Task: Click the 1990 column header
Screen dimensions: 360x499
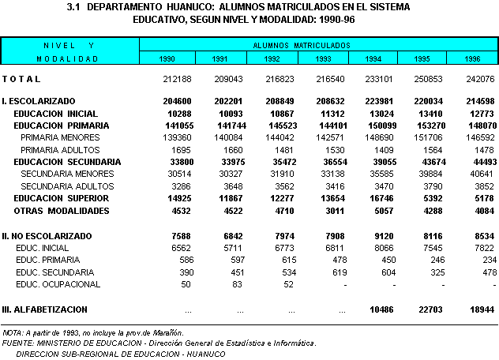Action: pos(167,59)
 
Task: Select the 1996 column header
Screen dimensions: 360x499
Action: pos(471,59)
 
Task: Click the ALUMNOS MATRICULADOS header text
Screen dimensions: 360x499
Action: pos(307,46)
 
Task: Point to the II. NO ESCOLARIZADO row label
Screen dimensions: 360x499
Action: pos(47,235)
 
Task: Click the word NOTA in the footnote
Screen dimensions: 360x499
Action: pos(13,334)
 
